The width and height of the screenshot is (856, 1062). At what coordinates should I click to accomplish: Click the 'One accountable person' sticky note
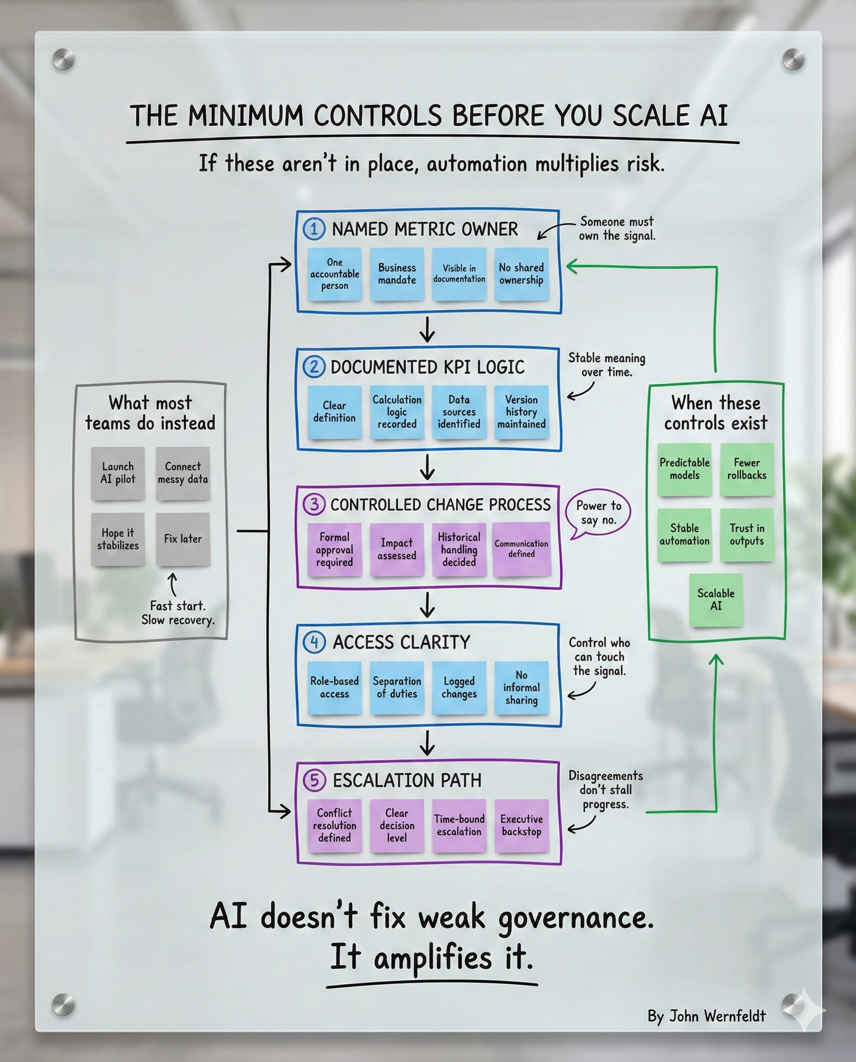(x=334, y=274)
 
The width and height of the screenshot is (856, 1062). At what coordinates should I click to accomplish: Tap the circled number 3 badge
(x=314, y=504)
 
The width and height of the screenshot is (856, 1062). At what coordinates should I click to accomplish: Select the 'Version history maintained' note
(x=521, y=412)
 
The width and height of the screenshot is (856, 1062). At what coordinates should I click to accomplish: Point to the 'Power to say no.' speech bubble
(x=598, y=513)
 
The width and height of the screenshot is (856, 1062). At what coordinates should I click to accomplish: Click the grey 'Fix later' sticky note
(x=183, y=539)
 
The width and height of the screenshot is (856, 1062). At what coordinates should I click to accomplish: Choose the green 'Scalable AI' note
(x=715, y=599)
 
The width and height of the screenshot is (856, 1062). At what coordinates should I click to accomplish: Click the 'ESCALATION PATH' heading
(x=407, y=781)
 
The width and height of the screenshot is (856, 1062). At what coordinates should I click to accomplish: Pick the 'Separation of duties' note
(x=397, y=687)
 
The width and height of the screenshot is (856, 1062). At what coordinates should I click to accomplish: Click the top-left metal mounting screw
(x=64, y=59)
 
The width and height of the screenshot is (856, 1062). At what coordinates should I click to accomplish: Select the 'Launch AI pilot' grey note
(x=118, y=472)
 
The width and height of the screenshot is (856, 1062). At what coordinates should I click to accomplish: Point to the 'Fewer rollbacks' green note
(x=747, y=469)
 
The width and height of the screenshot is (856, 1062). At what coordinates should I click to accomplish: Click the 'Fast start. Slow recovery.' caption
(x=178, y=613)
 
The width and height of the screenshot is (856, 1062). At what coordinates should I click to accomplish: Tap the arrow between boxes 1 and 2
(x=427, y=330)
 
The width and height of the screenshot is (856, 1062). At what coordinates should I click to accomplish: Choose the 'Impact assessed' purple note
(x=397, y=549)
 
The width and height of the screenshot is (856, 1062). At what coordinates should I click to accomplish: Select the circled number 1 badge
(x=314, y=229)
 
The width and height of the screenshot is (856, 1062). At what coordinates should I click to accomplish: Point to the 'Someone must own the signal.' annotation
(x=616, y=228)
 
